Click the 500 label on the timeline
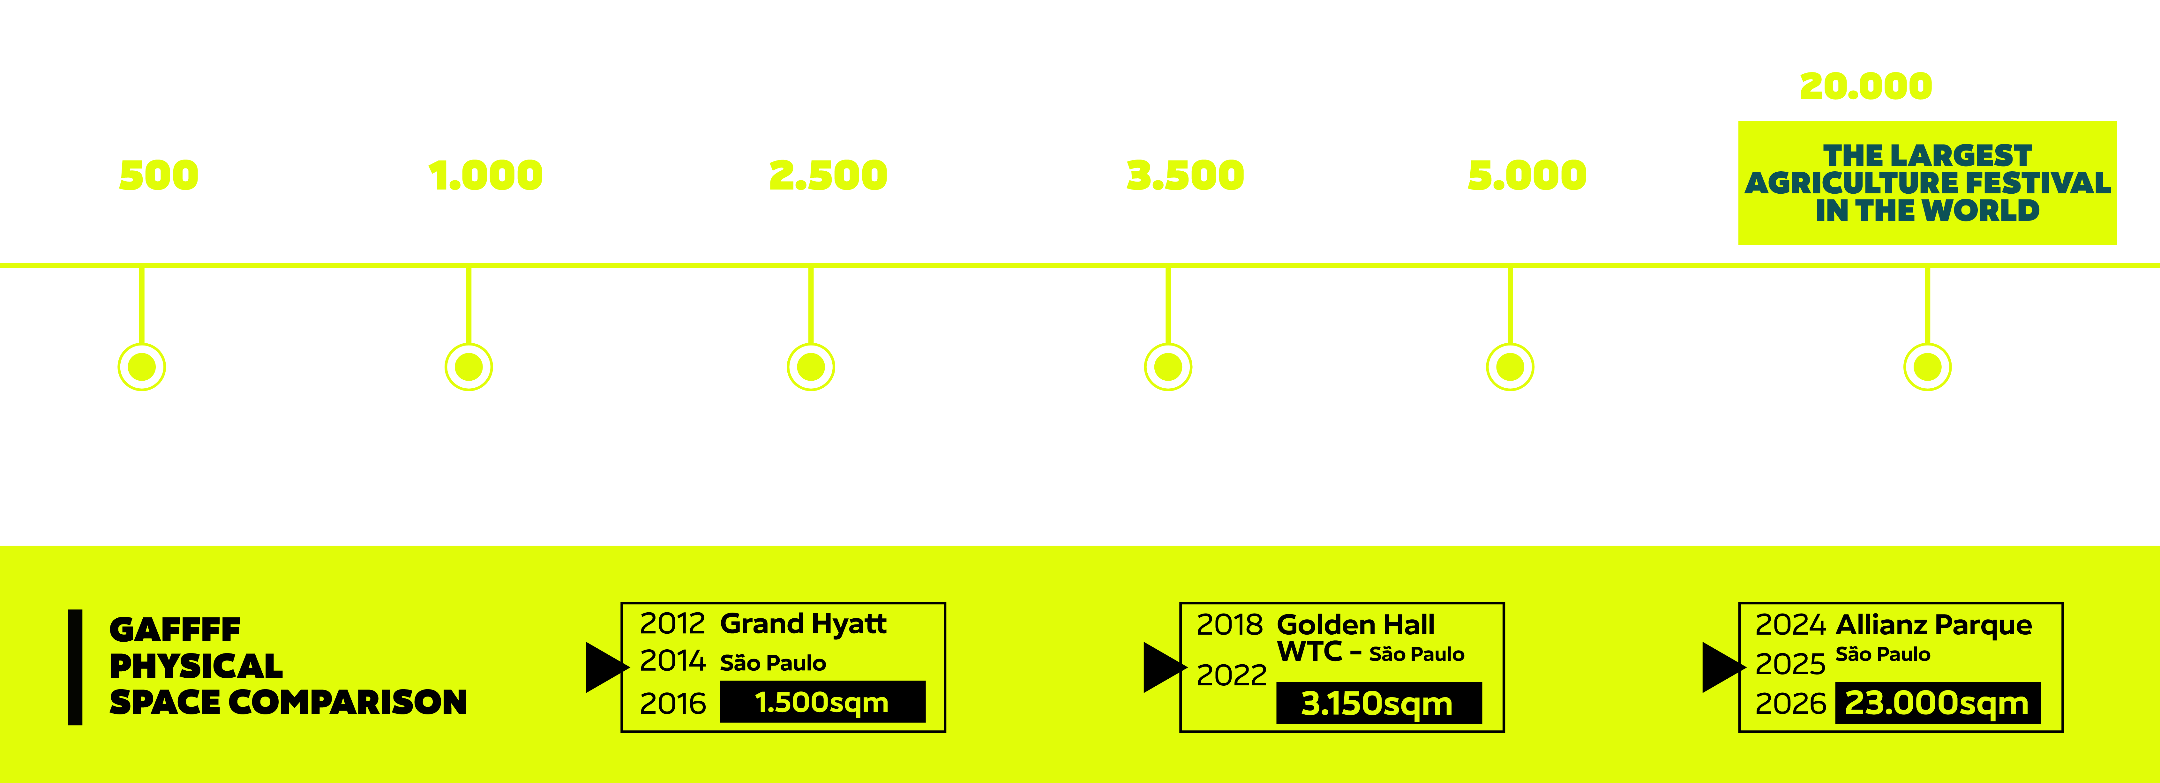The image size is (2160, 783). (x=159, y=176)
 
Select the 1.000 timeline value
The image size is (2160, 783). (x=485, y=176)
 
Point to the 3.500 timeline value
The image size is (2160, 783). (x=1185, y=176)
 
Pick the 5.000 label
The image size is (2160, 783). (x=1527, y=176)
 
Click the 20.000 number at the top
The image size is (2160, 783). (x=1866, y=86)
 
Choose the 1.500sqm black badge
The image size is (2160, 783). (x=822, y=702)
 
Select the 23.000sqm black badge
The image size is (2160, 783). (x=1937, y=703)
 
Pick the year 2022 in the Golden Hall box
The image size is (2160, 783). (x=1231, y=675)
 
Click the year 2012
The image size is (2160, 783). (x=672, y=624)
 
